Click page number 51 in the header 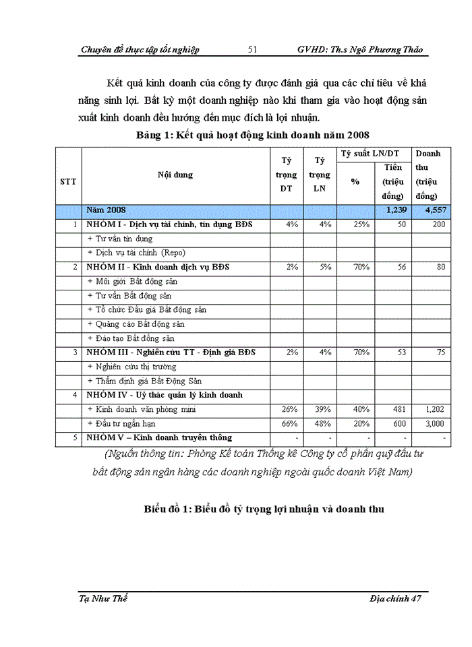[x=253, y=50]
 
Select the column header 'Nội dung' [x=175, y=175]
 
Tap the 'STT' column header [x=68, y=181]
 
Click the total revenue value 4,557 [x=430, y=211]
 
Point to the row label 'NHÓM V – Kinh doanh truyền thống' [x=158, y=437]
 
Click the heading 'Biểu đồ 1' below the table [x=264, y=509]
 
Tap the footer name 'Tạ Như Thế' [x=104, y=598]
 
